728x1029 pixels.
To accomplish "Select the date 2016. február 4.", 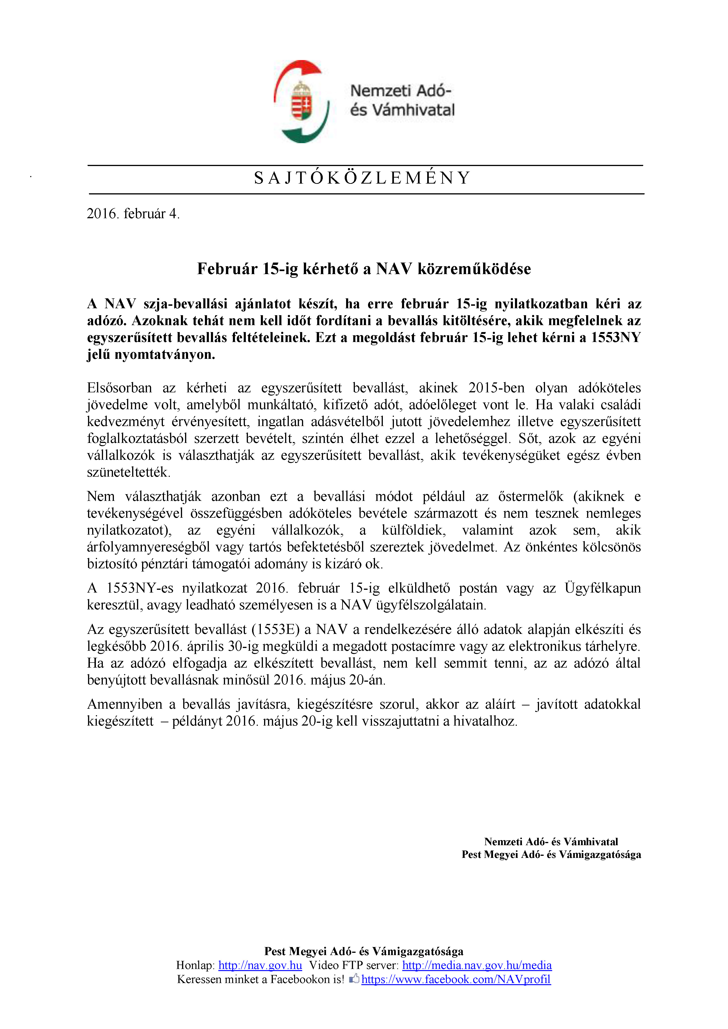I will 133,214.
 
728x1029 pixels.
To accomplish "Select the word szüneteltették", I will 129,472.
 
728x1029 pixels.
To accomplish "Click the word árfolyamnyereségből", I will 148,547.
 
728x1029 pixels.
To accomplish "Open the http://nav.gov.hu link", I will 260,965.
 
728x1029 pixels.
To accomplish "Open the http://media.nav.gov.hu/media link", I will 477,965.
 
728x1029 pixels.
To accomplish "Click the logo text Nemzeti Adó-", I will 400,91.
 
